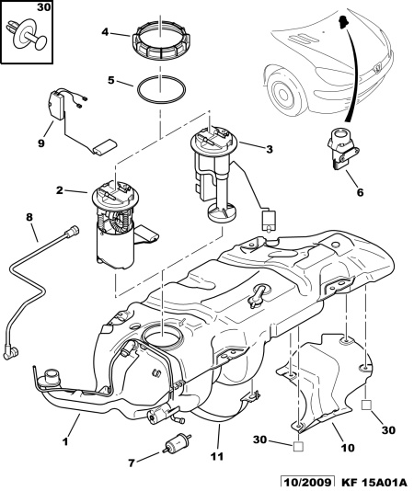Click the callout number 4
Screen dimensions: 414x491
coord(105,32)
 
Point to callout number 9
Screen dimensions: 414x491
coord(41,143)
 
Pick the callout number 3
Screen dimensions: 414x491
coord(270,149)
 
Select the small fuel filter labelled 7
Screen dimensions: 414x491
coord(177,442)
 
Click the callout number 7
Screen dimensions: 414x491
coord(132,462)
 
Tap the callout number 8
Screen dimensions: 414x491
coord(29,217)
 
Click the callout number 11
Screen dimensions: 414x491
coord(217,456)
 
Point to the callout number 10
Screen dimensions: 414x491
coord(348,448)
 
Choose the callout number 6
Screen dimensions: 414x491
coord(360,192)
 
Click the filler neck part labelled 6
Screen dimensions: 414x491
coord(343,148)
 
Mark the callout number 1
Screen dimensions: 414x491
coord(65,441)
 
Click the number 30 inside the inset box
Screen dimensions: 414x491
coord(43,6)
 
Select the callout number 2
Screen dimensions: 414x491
coord(60,189)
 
